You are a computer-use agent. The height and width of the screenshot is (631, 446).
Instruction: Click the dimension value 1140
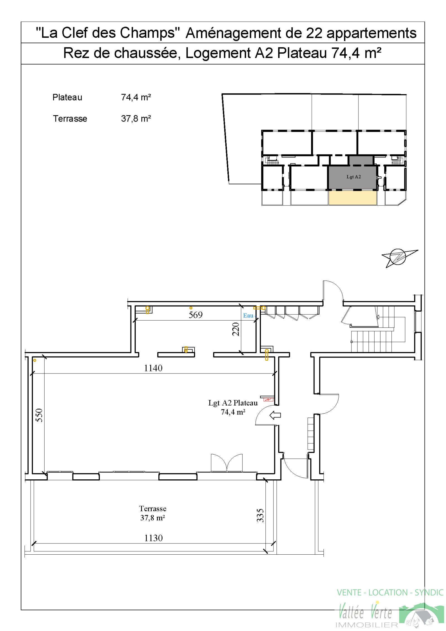pos(153,368)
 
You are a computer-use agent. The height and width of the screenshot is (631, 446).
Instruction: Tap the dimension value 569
pos(195,315)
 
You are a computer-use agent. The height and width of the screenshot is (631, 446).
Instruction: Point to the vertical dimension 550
pos(39,415)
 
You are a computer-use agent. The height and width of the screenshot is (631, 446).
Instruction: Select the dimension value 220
pos(236,329)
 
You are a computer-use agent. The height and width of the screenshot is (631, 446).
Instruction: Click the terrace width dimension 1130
pos(153,538)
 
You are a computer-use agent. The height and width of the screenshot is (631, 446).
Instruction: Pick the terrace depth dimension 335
pos(260,515)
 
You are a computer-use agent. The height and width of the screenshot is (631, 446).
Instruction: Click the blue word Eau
pos(248,315)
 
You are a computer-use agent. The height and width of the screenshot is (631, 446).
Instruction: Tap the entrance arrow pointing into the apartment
pos(275,415)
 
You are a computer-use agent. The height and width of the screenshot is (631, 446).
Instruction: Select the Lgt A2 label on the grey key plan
pos(353,177)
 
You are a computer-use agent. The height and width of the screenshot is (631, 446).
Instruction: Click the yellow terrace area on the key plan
pos(353,198)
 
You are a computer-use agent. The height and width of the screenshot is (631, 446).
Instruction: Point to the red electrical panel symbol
pos(268,400)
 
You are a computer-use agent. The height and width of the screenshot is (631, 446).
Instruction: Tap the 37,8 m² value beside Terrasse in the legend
pos(136,118)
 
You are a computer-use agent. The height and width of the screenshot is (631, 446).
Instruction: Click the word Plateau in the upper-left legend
pos(67,97)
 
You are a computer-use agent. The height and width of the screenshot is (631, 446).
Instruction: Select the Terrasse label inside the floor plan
pos(153,509)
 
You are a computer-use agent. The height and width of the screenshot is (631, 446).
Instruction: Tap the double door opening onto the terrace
pos(227,463)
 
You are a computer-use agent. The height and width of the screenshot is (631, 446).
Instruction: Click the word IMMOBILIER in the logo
pos(367,625)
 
